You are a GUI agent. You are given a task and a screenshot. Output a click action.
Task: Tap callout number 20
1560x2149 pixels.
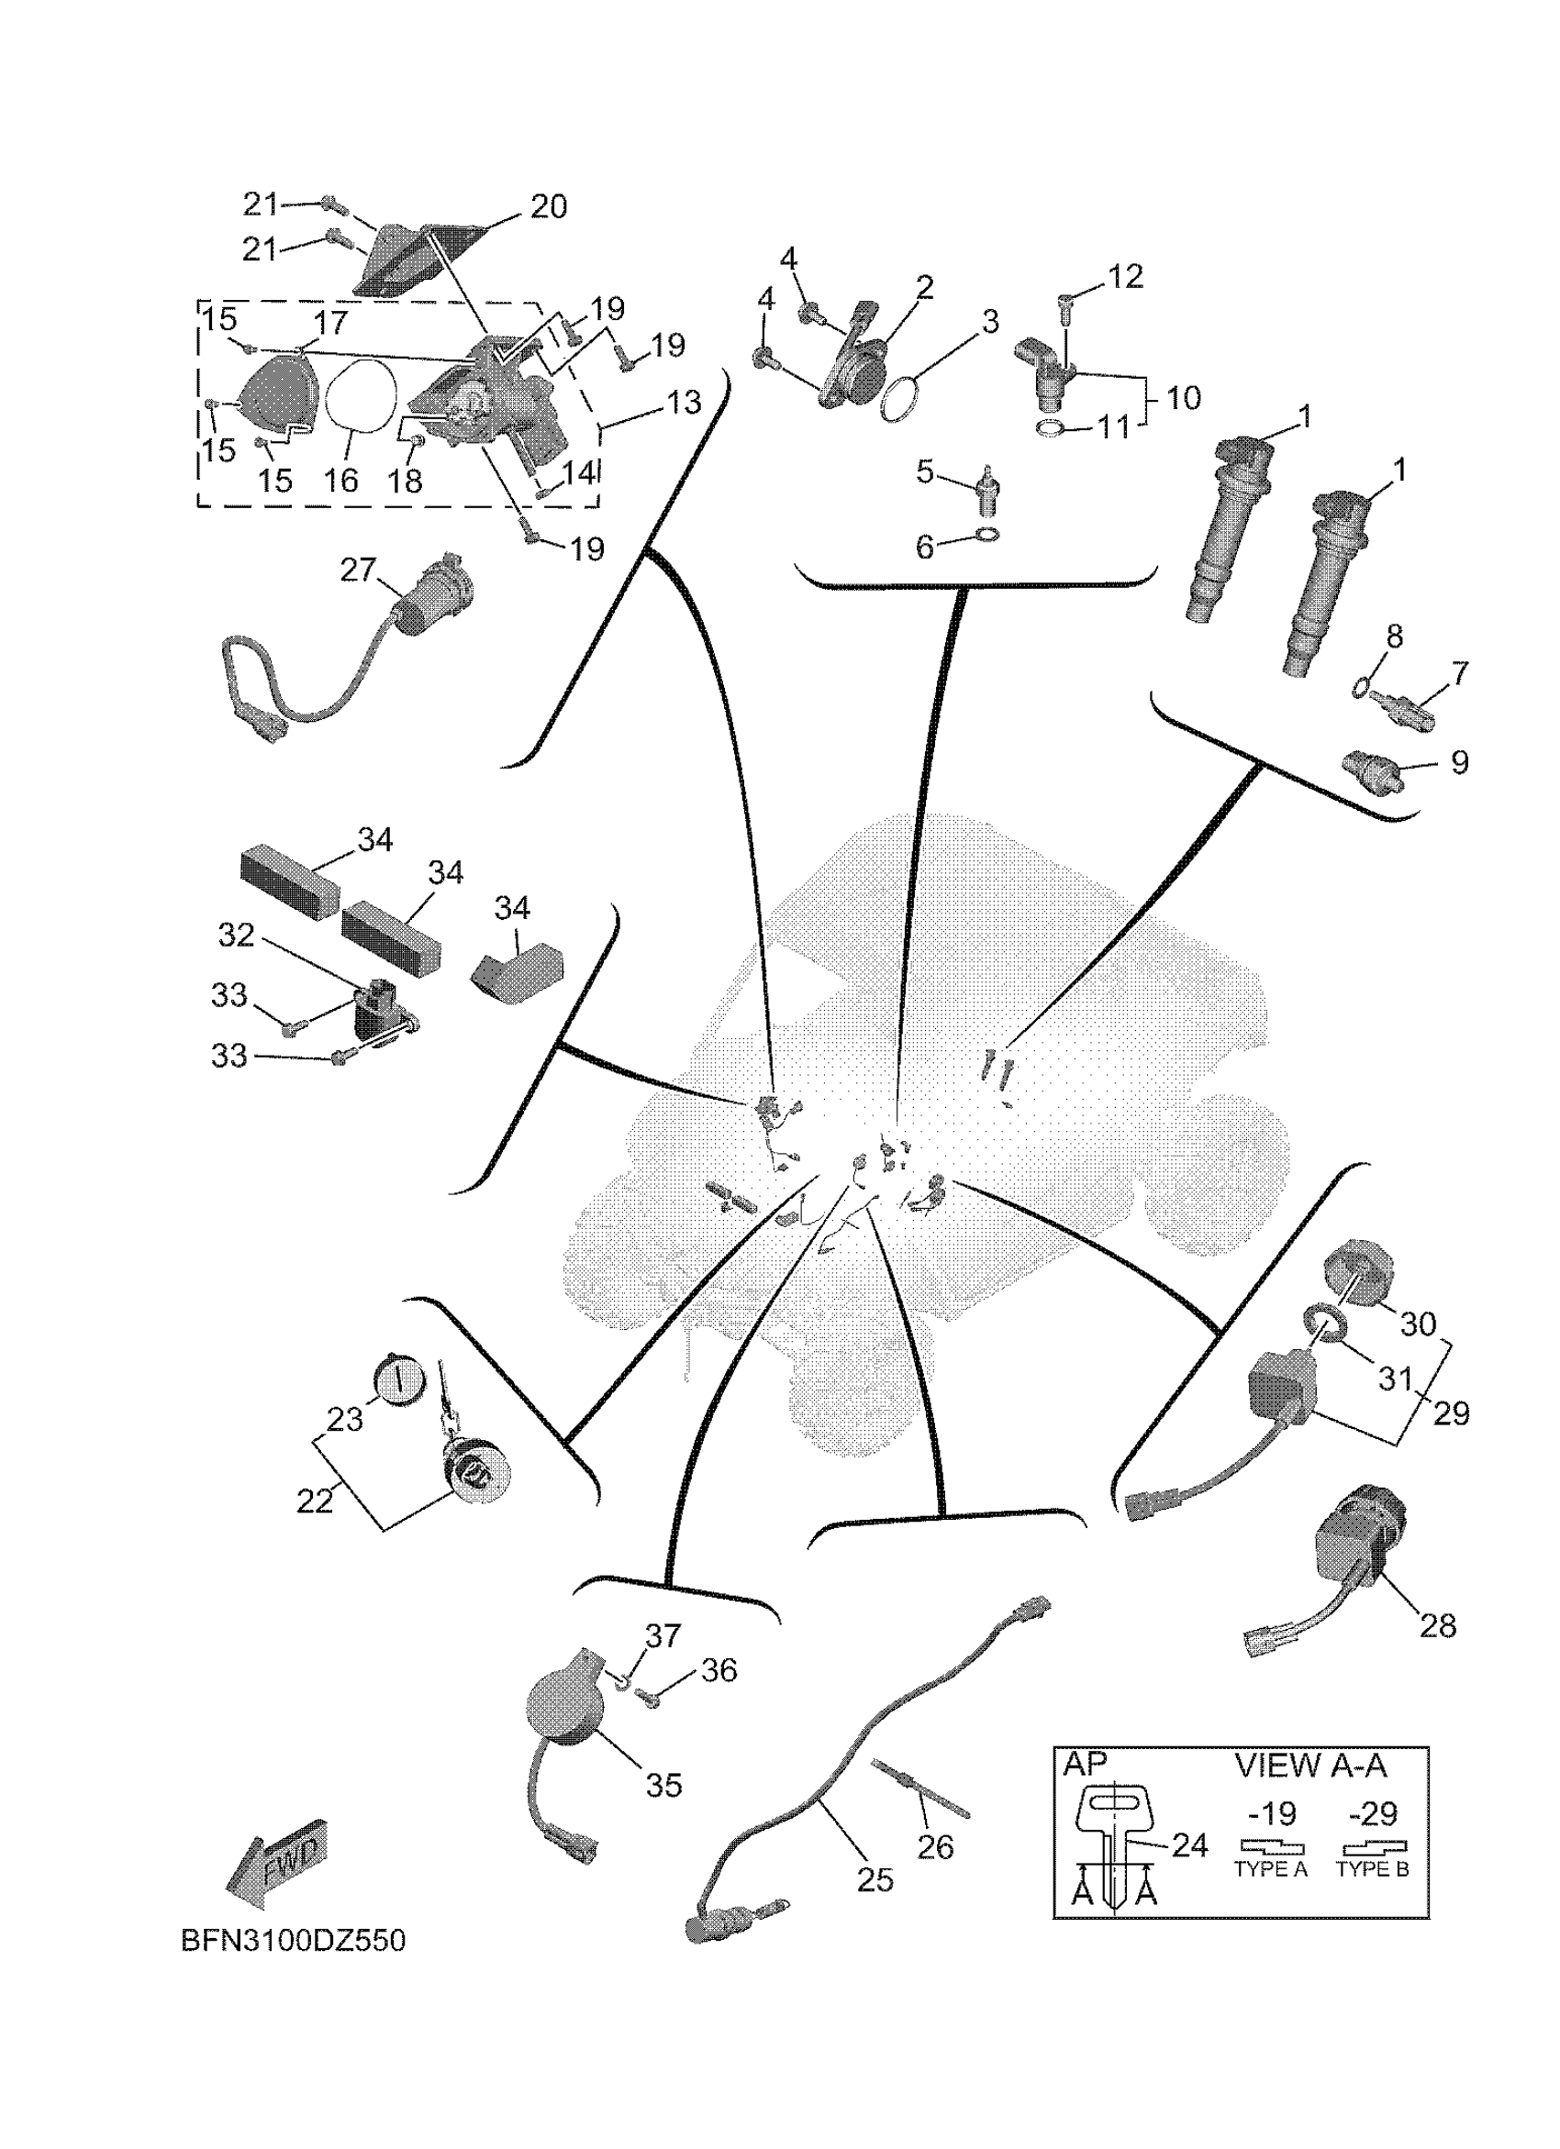click(x=548, y=206)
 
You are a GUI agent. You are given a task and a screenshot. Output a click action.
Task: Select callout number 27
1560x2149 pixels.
click(x=358, y=570)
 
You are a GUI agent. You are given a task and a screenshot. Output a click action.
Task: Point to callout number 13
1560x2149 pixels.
click(x=684, y=402)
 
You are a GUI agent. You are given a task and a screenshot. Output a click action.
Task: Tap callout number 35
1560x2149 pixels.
click(x=663, y=1785)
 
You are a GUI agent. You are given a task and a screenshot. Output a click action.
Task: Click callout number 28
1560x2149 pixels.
click(x=1438, y=1626)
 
